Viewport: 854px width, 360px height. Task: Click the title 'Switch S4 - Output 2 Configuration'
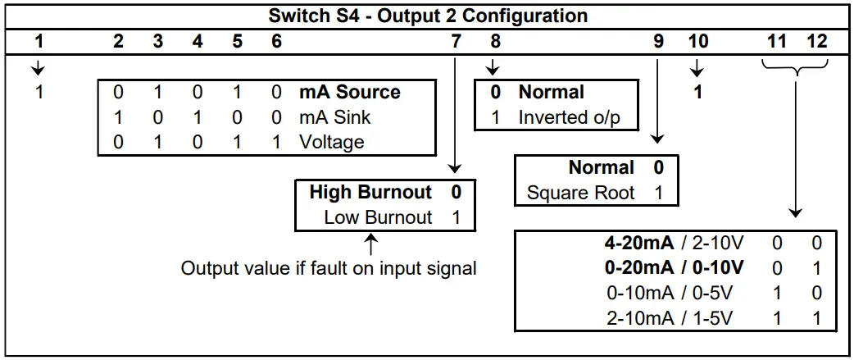[x=427, y=16]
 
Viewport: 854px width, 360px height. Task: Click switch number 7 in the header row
[x=457, y=41]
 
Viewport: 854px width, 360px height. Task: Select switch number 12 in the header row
[x=816, y=41]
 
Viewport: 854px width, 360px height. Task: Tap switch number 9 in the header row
[x=658, y=41]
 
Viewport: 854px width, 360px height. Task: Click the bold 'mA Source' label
[x=350, y=93]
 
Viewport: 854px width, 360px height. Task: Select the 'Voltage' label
[x=331, y=142]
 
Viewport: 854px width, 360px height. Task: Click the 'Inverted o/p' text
[x=569, y=117]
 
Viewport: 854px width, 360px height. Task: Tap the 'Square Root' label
[x=580, y=194]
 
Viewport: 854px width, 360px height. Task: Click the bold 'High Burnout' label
[x=370, y=193]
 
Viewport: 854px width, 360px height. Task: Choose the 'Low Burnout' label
[x=378, y=217]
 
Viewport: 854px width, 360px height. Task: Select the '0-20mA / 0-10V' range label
[x=674, y=268]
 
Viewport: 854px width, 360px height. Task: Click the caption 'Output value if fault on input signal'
[x=329, y=268]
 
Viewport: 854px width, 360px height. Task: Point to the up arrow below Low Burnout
[x=370, y=244]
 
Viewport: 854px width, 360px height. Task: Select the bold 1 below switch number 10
[x=697, y=93]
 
